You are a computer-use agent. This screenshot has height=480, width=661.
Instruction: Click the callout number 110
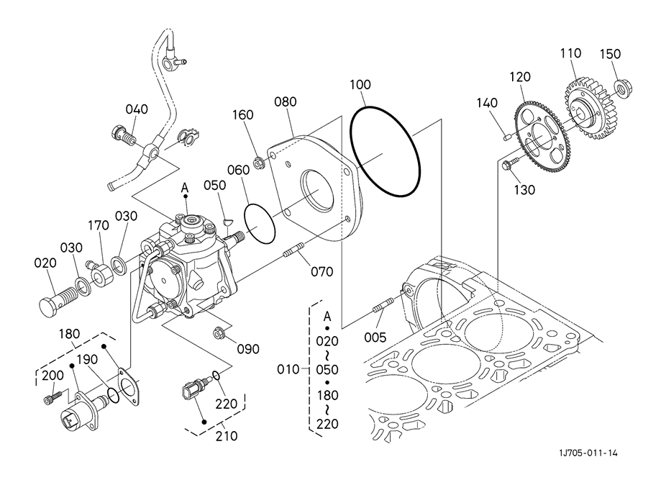click(x=570, y=53)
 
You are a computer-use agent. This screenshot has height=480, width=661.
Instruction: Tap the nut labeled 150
click(x=622, y=87)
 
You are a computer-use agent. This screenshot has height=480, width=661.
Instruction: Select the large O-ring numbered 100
click(x=386, y=151)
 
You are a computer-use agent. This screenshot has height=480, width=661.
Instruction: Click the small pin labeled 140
click(x=508, y=136)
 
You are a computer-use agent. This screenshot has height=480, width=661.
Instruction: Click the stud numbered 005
click(x=383, y=305)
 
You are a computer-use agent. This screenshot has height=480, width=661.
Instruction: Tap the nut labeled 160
click(x=258, y=161)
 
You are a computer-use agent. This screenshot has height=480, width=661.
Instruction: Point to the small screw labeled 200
click(x=53, y=397)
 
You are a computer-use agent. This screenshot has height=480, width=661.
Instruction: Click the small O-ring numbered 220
click(x=216, y=376)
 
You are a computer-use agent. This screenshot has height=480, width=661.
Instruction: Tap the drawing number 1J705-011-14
click(x=588, y=453)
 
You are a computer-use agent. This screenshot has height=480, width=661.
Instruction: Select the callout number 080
click(x=286, y=101)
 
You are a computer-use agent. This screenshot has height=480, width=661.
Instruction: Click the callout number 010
click(x=288, y=369)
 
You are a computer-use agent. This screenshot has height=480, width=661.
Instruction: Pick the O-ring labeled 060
click(x=260, y=224)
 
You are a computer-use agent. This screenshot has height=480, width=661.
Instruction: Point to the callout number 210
click(x=227, y=435)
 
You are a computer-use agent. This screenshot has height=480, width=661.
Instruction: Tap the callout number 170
click(x=99, y=225)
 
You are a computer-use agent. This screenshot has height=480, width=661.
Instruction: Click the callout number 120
click(x=520, y=77)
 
